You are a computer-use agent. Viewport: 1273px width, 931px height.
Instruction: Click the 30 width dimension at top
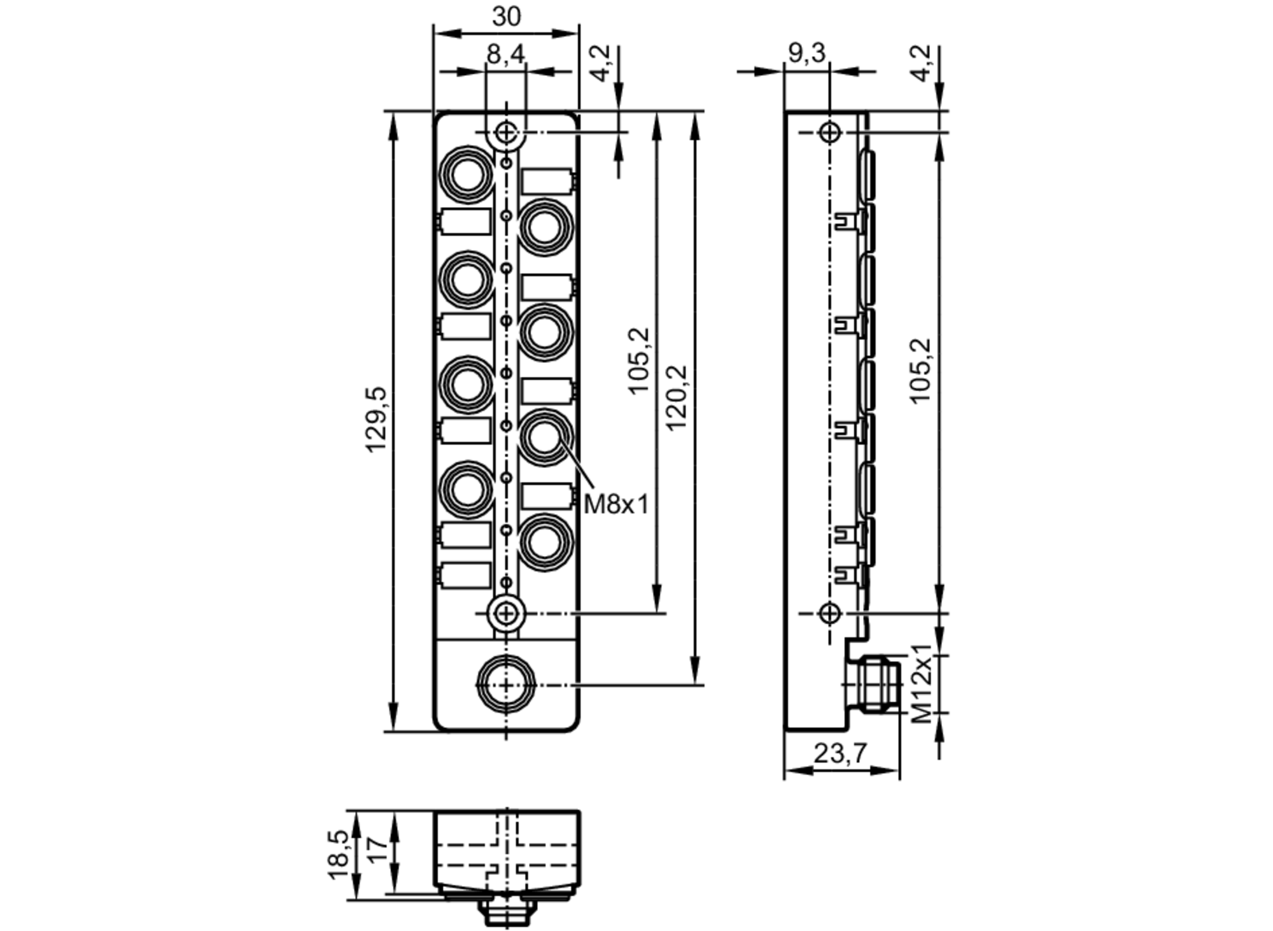506,17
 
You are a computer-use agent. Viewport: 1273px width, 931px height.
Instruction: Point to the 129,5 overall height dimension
376,420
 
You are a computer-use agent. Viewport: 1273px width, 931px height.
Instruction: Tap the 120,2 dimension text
676,397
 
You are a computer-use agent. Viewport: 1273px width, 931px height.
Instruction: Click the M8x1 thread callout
616,505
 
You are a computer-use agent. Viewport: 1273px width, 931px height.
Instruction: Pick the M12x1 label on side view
921,684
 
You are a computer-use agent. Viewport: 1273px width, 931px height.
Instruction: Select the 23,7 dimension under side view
840,754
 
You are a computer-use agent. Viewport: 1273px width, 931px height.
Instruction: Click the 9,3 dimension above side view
806,53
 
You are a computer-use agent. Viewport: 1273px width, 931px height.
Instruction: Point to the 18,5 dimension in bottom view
339,855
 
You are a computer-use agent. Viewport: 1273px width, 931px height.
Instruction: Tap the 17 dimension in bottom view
377,850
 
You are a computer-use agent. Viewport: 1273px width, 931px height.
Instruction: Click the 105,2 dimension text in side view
920,371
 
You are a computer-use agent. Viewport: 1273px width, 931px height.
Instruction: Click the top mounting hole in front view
506,132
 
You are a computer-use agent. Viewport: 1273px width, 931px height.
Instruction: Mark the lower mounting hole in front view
506,613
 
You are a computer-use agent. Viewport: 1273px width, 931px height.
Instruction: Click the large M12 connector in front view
506,685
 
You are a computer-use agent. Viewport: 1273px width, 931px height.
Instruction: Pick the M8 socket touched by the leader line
545,437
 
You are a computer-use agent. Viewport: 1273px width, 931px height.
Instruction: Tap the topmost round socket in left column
468,174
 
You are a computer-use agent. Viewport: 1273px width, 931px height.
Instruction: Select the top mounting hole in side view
829,132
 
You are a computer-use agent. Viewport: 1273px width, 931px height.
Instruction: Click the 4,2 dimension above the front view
601,62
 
